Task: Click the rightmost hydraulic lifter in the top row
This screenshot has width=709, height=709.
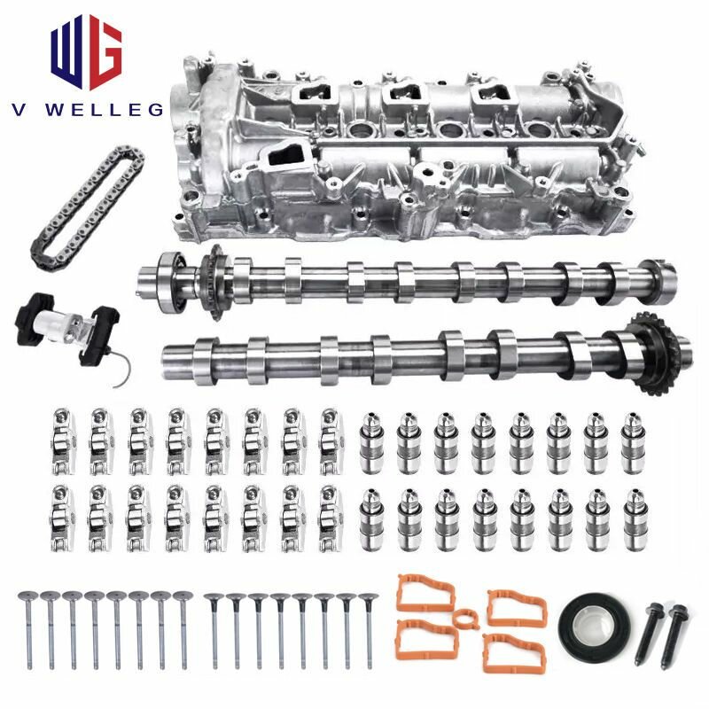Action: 633,438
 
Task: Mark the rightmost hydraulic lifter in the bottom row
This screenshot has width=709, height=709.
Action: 633,515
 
